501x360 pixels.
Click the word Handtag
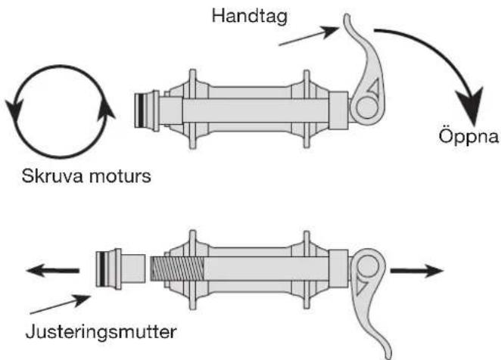pos(250,17)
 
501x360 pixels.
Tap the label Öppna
pos(468,135)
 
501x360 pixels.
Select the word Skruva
pos(52,176)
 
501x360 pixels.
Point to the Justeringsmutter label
pos(101,332)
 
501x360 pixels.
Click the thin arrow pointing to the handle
pos(309,36)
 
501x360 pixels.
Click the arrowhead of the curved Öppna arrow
pos(470,105)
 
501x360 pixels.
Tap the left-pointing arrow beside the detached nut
pos(53,271)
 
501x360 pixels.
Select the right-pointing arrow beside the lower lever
pos(417,271)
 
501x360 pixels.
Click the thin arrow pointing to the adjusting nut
pos(60,304)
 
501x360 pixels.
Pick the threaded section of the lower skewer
pos(177,268)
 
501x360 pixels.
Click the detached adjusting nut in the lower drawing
pos(121,268)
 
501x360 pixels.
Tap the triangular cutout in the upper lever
pos(373,87)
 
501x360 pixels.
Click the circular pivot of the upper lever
pos(366,108)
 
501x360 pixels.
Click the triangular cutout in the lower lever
pos(362,286)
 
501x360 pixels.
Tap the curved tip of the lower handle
pos(387,352)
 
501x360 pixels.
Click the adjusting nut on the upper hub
pos(147,110)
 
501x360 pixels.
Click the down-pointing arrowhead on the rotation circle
pos(14,110)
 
